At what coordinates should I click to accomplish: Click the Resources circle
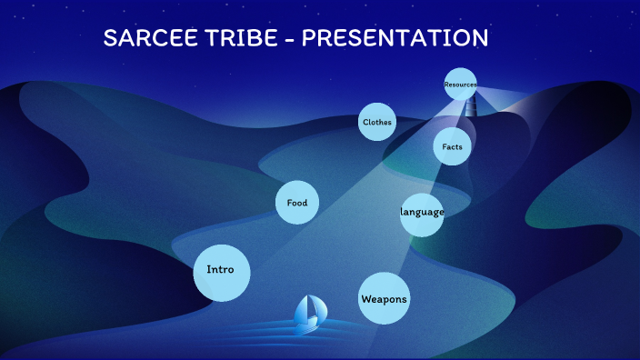coord(461,85)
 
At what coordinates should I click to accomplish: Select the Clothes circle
coord(376,122)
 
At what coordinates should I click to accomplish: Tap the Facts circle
coord(452,146)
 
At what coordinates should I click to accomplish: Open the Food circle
coord(296,203)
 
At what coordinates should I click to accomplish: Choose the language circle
coord(422,214)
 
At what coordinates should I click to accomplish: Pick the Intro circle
coord(221,272)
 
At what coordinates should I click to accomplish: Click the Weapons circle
coord(384,298)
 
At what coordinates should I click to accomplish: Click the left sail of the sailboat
coord(303,309)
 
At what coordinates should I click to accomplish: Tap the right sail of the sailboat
coord(314,309)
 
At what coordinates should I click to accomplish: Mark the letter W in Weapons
coord(365,299)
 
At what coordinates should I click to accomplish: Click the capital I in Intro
coord(209,269)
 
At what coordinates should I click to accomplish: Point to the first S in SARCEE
coord(110,38)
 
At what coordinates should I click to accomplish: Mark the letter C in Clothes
coord(365,122)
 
